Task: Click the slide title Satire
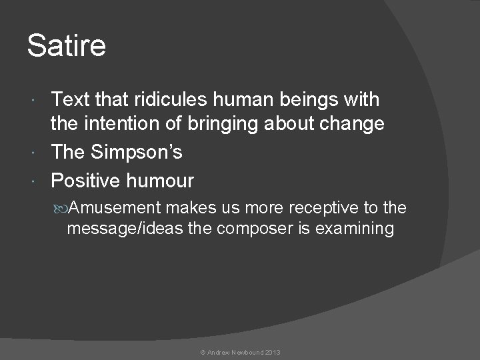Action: click(66, 46)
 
